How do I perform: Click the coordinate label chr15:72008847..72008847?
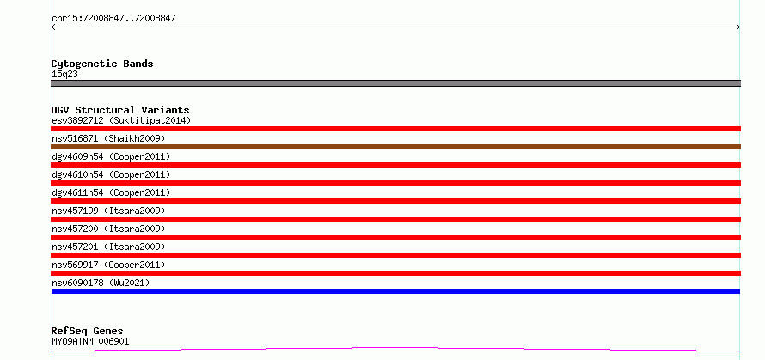pos(113,19)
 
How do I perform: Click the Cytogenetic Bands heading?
pos(102,64)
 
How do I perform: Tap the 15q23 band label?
pos(64,75)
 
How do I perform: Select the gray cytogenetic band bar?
pos(395,83)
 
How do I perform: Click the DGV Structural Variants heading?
pos(120,110)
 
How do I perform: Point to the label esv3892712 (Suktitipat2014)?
pos(121,120)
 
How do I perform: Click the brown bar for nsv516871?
pos(395,147)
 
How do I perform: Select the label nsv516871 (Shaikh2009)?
pos(108,139)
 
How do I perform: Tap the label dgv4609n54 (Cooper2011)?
pos(111,156)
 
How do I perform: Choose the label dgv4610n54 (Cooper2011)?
pos(111,174)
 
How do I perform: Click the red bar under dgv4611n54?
pos(395,201)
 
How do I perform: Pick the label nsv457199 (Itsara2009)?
pos(108,211)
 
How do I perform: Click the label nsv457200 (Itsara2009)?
pos(108,229)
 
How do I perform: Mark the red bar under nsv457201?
pos(395,255)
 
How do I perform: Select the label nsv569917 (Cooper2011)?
pos(108,265)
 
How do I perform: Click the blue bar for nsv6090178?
pos(395,291)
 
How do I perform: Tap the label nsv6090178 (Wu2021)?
pos(101,283)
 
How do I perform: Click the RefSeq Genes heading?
pos(88,332)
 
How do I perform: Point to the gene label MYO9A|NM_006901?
pos(90,341)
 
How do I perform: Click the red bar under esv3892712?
pos(395,129)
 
